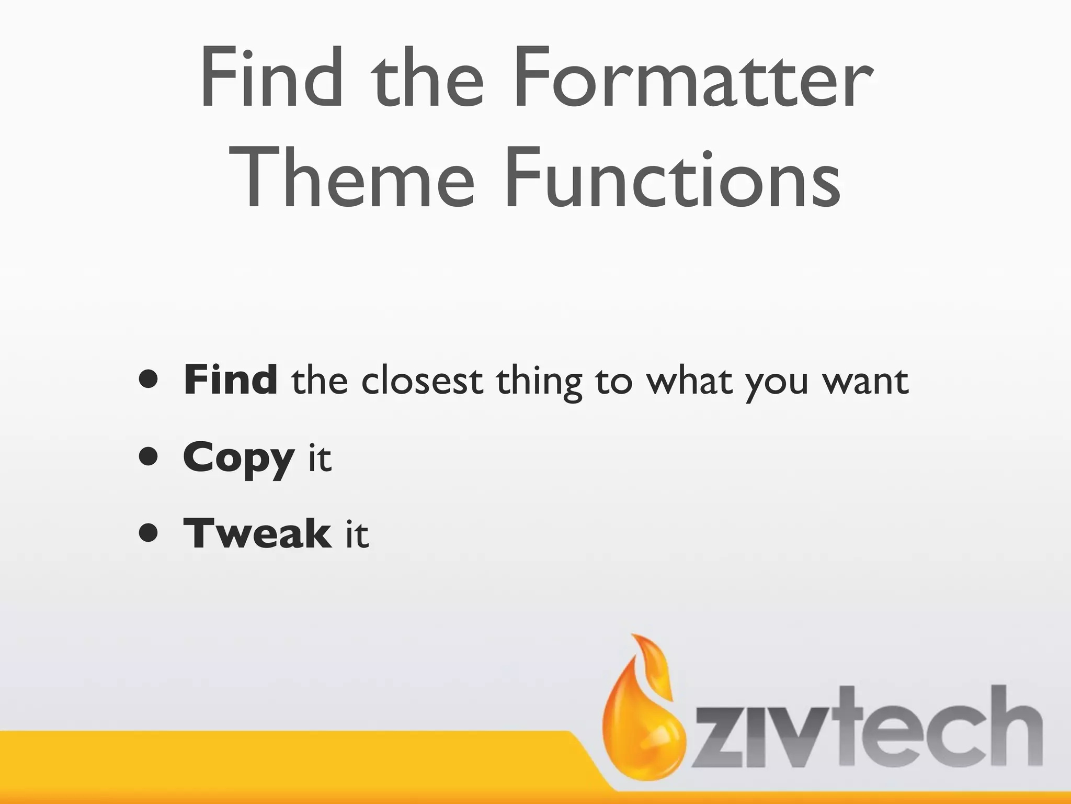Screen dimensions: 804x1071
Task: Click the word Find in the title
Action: (272, 79)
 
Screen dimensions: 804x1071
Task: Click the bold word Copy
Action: (238, 459)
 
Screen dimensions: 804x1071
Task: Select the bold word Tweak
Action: (257, 534)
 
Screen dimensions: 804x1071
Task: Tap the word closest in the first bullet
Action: (421, 381)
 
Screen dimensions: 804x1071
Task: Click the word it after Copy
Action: (320, 457)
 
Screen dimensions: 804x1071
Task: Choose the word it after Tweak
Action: (357, 534)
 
